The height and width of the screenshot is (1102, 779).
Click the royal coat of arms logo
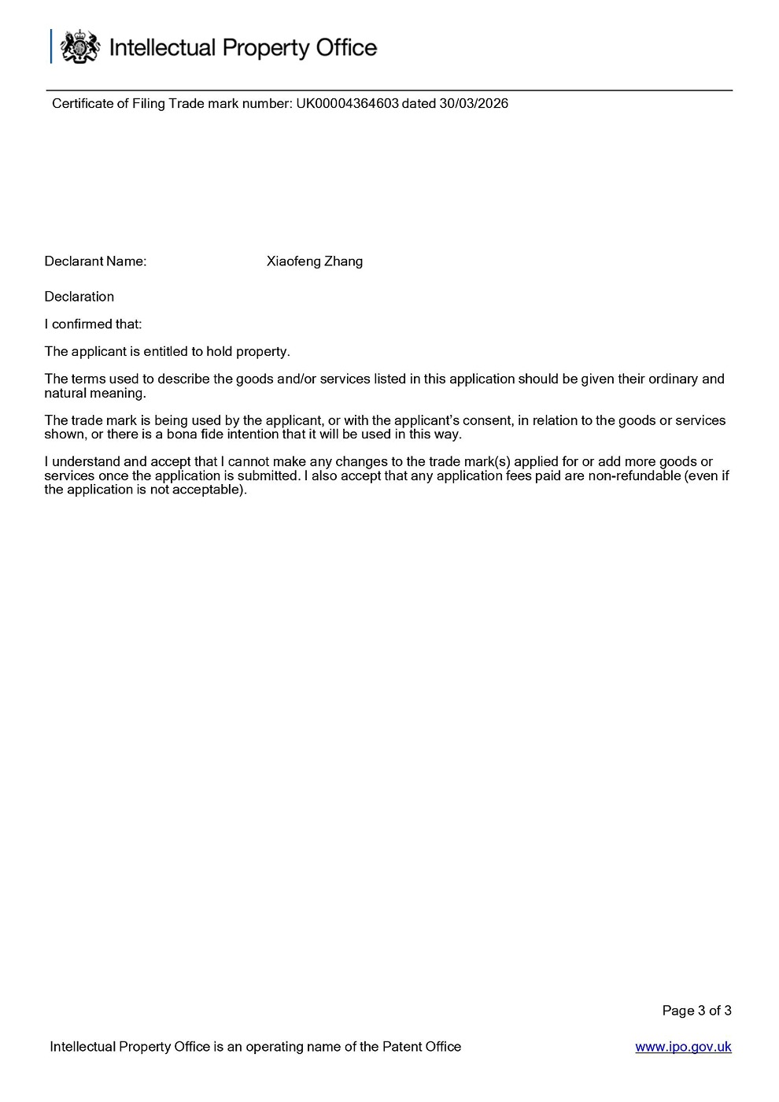coord(79,47)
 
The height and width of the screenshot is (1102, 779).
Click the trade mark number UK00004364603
coord(347,103)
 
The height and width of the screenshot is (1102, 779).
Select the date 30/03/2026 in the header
coord(474,103)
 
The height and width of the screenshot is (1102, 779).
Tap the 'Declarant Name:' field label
coord(95,261)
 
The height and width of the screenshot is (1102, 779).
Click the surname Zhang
coord(343,261)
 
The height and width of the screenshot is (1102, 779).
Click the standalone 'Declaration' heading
coord(79,297)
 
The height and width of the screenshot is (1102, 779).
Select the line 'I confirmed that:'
coord(93,324)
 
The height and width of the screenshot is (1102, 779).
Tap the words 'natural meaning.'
coord(95,393)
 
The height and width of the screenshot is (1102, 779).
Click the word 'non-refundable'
coord(634,475)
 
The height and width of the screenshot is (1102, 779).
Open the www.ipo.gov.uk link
coord(683,1047)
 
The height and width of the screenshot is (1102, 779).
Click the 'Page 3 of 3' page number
coord(696,1011)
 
